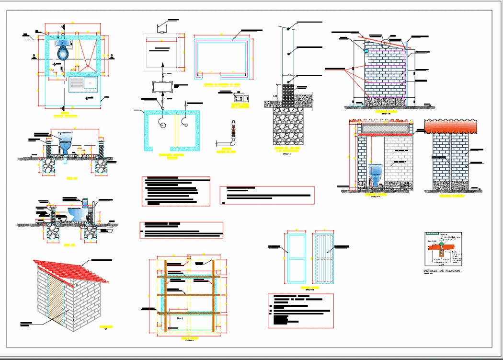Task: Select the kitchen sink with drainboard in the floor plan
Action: point(83,86)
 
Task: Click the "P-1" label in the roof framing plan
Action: point(181,318)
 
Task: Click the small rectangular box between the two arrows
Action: point(163,87)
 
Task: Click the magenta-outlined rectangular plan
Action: point(221,58)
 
